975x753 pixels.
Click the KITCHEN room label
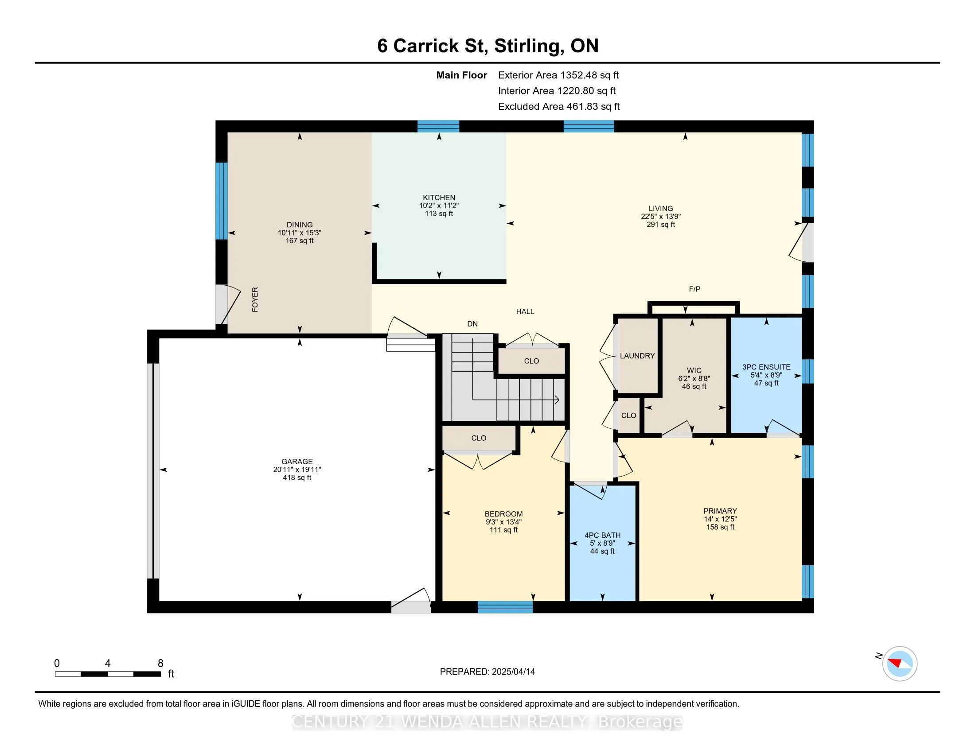pos(439,198)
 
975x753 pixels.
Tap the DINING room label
pos(300,225)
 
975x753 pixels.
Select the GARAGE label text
pos(297,462)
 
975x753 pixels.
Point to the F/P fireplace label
pos(694,289)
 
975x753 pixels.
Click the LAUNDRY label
pos(637,356)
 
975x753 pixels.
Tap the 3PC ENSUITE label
pos(767,367)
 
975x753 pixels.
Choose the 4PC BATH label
pos(603,536)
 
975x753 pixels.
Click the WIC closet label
pos(694,370)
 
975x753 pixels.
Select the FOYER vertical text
pos(255,299)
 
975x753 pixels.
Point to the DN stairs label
pos(472,324)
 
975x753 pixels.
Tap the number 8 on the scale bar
pos(161,664)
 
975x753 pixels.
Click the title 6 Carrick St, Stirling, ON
pos(488,46)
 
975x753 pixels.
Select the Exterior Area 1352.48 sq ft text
pos(558,75)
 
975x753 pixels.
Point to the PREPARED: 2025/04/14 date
pos(487,671)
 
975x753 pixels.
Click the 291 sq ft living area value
pos(661,225)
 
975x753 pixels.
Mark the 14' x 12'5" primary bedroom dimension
pos(720,519)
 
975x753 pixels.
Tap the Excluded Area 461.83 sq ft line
pos(559,106)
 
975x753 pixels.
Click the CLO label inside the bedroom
pos(479,438)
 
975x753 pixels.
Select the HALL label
pos(525,311)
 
